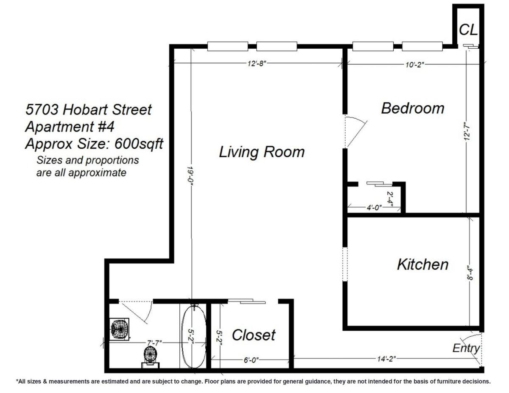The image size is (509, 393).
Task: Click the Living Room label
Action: pos(262,152)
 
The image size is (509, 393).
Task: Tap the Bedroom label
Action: pos(412,108)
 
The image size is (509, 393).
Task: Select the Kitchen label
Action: pos(422,265)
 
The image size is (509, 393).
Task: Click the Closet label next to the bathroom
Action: pos(254,335)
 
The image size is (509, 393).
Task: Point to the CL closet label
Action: pos(468,30)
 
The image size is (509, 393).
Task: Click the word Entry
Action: pos(466,348)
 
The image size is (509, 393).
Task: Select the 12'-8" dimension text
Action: pos(256,64)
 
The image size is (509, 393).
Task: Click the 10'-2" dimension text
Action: pos(414,64)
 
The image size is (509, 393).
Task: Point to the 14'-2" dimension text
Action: pos(386,359)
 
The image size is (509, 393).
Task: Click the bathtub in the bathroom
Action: pos(194,335)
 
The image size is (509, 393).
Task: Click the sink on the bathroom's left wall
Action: pos(119,329)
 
